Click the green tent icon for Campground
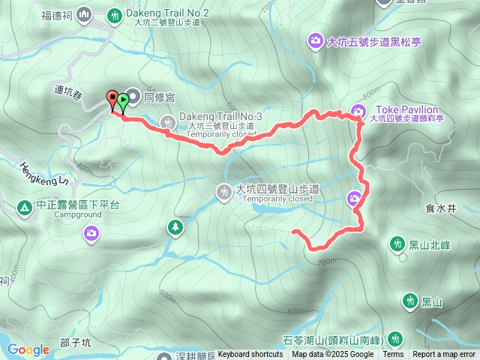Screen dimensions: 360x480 click(x=24, y=205)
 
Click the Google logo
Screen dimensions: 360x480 click(x=28, y=349)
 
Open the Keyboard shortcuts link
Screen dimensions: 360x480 click(x=250, y=355)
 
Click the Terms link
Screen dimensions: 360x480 click(x=393, y=355)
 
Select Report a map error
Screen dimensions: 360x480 click(x=444, y=355)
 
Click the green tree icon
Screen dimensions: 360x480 click(x=175, y=226)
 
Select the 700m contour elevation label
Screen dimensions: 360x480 click(x=325, y=262)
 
